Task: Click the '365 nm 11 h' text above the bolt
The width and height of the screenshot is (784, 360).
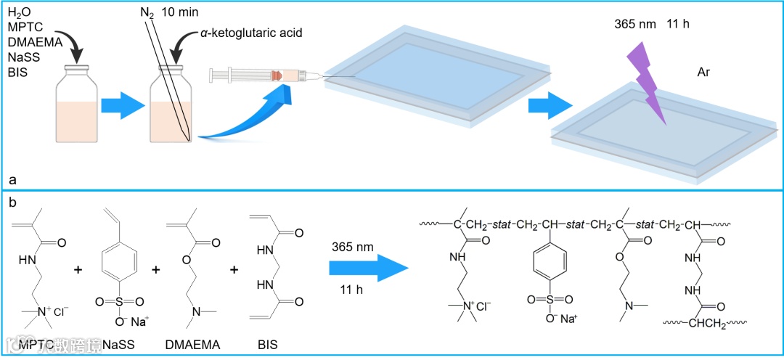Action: (650, 24)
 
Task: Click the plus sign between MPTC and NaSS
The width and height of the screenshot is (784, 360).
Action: (78, 270)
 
